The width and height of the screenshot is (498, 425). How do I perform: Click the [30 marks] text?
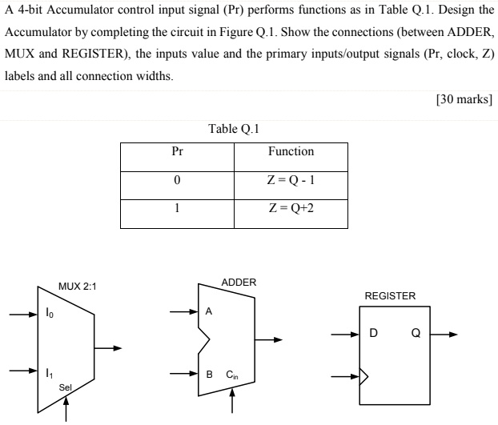pyautogui.click(x=464, y=100)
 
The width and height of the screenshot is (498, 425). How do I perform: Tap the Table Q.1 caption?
pyautogui.click(x=235, y=128)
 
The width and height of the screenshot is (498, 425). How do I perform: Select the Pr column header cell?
pyautogui.click(x=177, y=151)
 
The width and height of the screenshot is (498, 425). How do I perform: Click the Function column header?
pyautogui.click(x=291, y=151)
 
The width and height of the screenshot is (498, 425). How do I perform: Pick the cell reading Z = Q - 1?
pyautogui.click(x=291, y=180)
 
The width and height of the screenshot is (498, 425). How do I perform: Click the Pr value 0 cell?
pyautogui.click(x=177, y=180)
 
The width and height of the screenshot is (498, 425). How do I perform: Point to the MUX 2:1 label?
pyautogui.click(x=77, y=287)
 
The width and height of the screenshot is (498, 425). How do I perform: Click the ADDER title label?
pyautogui.click(x=239, y=283)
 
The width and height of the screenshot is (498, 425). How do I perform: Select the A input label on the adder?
pyautogui.click(x=210, y=312)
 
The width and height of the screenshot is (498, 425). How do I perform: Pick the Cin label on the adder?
pyautogui.click(x=232, y=374)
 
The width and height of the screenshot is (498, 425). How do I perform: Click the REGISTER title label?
pyautogui.click(x=390, y=296)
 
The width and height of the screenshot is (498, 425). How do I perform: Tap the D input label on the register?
pyautogui.click(x=373, y=335)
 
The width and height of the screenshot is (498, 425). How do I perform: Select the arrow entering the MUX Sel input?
pyautogui.click(x=66, y=407)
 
